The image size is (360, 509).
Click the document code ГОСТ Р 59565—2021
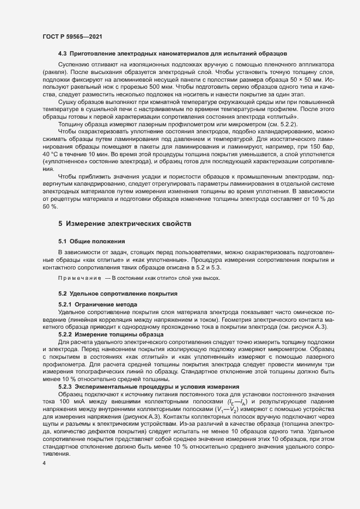click(71, 36)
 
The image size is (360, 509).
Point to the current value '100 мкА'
click(74, 401)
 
